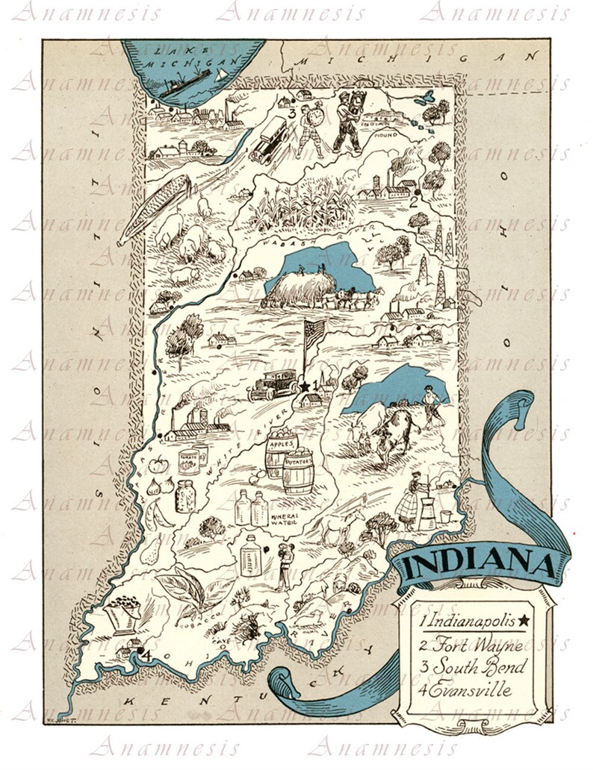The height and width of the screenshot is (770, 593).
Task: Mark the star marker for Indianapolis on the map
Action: (x=305, y=386)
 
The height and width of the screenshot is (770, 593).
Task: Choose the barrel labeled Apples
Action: (x=278, y=451)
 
